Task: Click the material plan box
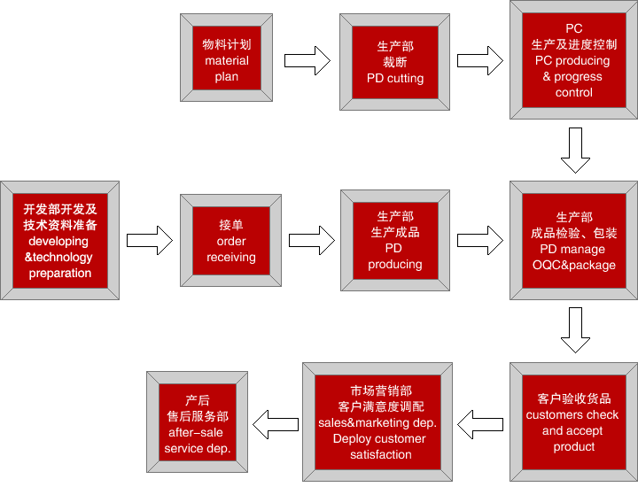click(226, 58)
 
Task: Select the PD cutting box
click(394, 62)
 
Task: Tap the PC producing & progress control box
click(573, 59)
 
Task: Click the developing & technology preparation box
click(60, 241)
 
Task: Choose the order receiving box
click(230, 241)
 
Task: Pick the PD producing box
click(395, 241)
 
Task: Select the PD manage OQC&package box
click(573, 241)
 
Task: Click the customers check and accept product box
click(573, 422)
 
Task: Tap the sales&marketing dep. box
click(377, 422)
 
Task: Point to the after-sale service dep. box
click(198, 422)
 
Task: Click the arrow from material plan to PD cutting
click(307, 60)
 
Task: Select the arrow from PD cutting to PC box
click(480, 60)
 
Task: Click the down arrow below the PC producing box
click(575, 151)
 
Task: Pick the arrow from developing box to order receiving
click(150, 241)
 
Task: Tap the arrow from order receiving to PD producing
click(312, 241)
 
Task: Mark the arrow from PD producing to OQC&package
click(480, 241)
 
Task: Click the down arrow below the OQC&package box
click(575, 330)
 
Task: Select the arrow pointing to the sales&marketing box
click(480, 424)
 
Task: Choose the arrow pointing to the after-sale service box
click(276, 424)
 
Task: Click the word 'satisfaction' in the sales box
click(381, 454)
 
